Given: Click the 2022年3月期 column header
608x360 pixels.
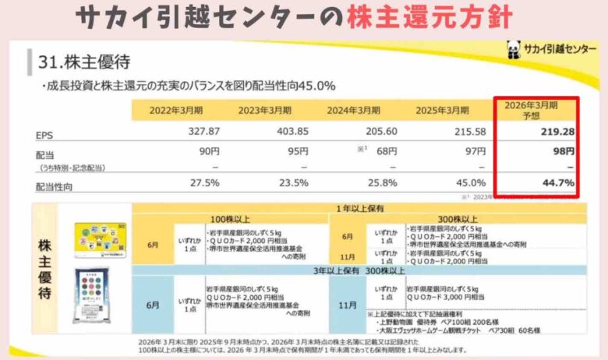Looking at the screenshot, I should [175, 110].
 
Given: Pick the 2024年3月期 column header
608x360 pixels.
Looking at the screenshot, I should [353, 110].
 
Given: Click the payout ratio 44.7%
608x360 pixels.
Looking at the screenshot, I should [558, 184].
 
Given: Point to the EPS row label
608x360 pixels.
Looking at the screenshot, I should [44, 134].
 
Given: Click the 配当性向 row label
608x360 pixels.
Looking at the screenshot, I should [52, 185].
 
